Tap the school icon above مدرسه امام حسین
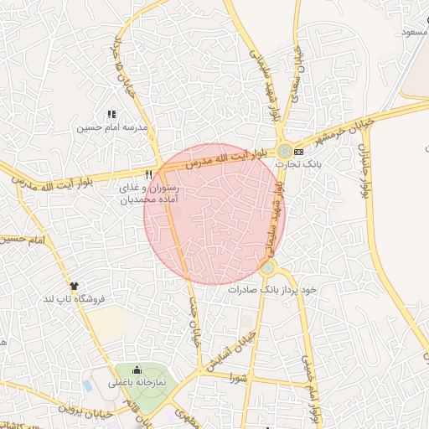(111, 115)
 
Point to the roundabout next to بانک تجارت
(285, 152)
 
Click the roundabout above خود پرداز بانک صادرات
(268, 269)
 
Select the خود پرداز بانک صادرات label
(274, 289)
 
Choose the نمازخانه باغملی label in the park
(137, 383)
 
